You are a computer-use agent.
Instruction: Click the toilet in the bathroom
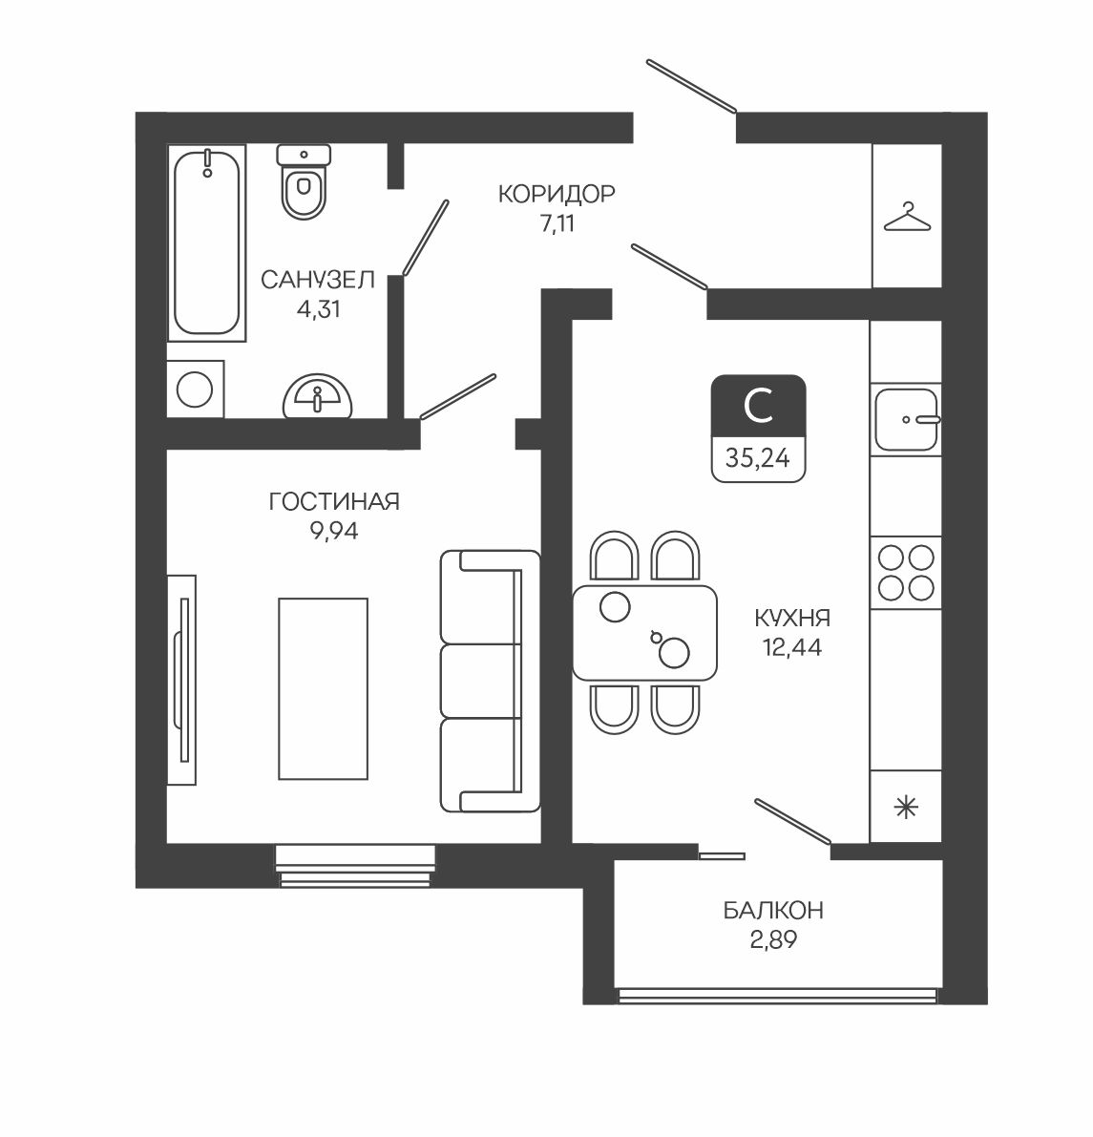click(304, 181)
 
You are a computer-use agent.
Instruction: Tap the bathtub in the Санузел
click(207, 242)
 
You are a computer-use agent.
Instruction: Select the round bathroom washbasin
click(317, 396)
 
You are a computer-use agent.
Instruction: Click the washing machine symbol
click(195, 389)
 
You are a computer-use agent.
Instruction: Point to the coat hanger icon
click(907, 217)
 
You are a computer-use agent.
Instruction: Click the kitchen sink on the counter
click(906, 419)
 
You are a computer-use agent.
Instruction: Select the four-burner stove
click(906, 573)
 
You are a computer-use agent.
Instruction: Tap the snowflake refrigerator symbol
click(907, 807)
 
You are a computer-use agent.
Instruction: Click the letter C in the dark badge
click(758, 406)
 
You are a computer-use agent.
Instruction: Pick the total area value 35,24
click(758, 458)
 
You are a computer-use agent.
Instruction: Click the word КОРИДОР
click(557, 194)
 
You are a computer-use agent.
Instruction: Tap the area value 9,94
click(334, 532)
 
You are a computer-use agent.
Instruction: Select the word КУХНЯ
click(792, 619)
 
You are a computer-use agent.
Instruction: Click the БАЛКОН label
click(773, 910)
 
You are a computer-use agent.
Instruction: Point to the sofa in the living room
click(491, 681)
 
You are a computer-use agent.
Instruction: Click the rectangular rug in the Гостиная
click(324, 689)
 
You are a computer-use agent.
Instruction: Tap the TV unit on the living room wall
click(181, 680)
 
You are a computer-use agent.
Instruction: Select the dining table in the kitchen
click(644, 632)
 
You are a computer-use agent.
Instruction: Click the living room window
click(355, 865)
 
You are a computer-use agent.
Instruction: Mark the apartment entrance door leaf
click(692, 87)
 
